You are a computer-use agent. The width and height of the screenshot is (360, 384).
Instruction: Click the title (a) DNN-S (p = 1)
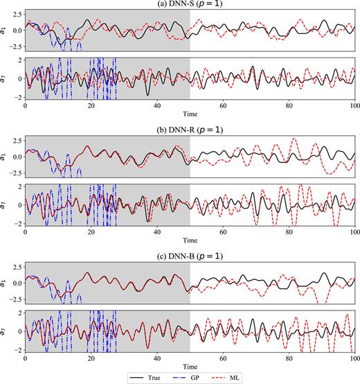pyautogui.click(x=190, y=5)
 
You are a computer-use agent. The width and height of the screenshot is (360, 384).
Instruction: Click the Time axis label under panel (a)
pyautogui.click(x=190, y=112)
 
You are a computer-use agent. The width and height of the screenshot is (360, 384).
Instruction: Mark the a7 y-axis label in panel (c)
pyautogui.click(x=4, y=331)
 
